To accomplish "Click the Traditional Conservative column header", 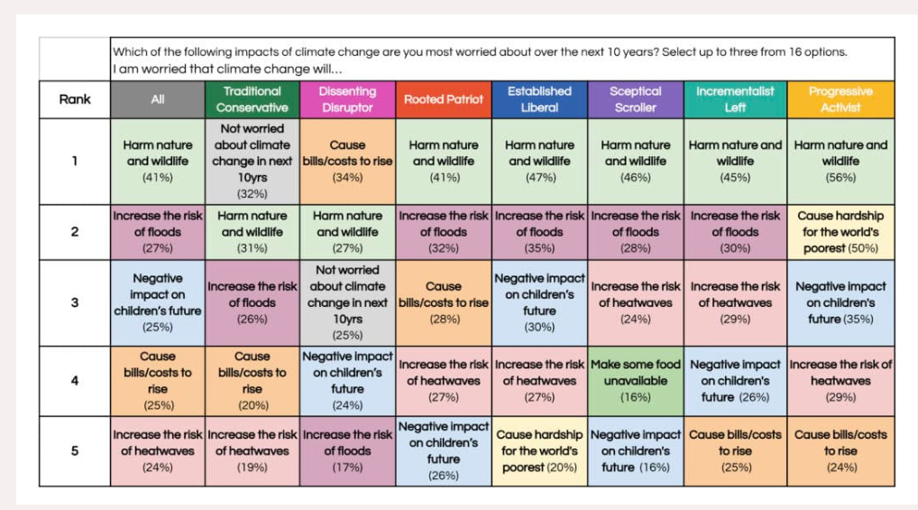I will tap(252, 99).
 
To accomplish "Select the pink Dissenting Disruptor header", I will tap(347, 99).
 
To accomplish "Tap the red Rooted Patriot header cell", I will tap(443, 99).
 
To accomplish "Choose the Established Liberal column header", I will tap(539, 99).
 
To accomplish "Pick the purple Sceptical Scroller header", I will tap(635, 99).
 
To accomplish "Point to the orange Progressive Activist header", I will tap(840, 99).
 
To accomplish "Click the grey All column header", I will tap(158, 99).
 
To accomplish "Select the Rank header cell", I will tap(75, 99).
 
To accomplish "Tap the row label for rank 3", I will tap(75, 302).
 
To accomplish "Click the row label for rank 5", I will tap(75, 450).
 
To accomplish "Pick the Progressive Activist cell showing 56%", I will tap(840, 161).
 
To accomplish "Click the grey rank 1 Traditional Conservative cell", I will tap(252, 161).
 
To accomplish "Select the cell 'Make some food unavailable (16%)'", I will tap(635, 380).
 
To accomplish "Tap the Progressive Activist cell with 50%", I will tap(840, 231).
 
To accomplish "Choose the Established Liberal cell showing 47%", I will tap(539, 161).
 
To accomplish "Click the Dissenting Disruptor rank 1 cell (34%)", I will tap(347, 161).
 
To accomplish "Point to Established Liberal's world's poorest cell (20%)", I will tap(539, 450).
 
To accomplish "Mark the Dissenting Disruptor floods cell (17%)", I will tap(347, 450).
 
